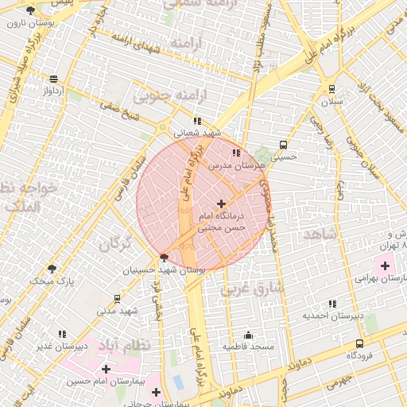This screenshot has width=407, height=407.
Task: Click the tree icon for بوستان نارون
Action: point(30,10)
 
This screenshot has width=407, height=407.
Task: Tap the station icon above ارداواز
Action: point(53,79)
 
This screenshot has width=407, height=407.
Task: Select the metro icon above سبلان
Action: point(331,90)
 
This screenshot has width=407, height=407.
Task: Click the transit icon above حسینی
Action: point(284,145)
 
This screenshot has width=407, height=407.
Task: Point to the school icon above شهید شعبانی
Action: point(197,121)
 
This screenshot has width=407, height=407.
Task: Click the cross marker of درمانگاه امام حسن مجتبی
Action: point(221,204)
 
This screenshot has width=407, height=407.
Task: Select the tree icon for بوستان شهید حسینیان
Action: point(164,258)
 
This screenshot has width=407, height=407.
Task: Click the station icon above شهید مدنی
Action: point(118,299)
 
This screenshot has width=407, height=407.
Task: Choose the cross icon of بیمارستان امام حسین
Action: point(107,369)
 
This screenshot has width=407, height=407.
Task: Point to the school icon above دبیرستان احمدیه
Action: point(331,303)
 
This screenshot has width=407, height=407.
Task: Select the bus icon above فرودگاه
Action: point(360,343)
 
